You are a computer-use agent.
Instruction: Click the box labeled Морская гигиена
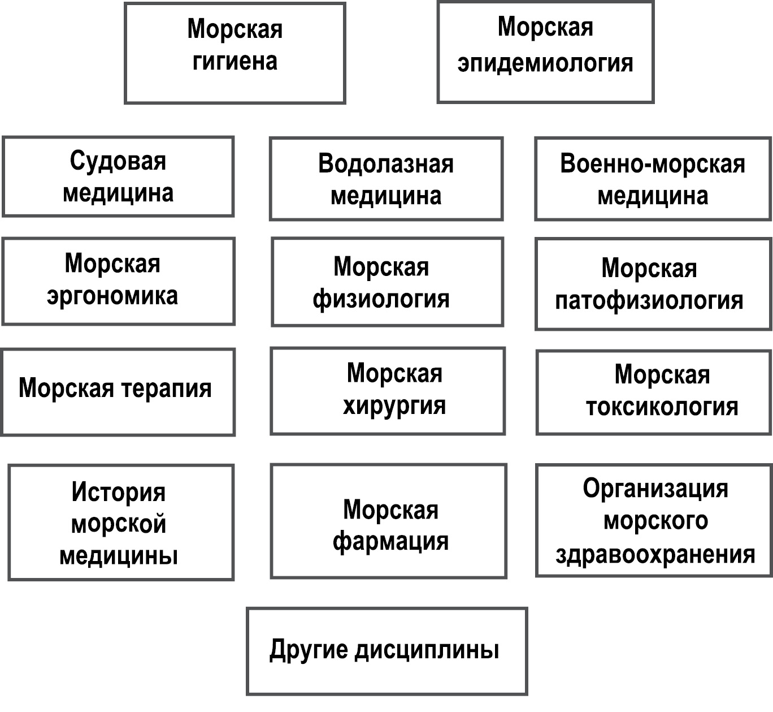pyautogui.click(x=234, y=53)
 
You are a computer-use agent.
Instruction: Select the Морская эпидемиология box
pyautogui.click(x=545, y=52)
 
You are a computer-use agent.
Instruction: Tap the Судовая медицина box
pyautogui.click(x=118, y=176)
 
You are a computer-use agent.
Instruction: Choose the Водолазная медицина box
pyautogui.click(x=386, y=179)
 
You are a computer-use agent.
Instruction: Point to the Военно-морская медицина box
pyautogui.click(x=653, y=179)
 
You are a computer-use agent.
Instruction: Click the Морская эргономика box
pyautogui.click(x=118, y=281)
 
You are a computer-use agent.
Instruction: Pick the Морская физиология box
pyautogui.click(x=387, y=282)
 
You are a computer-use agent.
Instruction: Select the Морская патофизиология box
pyautogui.click(x=653, y=284)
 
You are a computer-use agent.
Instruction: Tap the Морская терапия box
pyautogui.click(x=118, y=392)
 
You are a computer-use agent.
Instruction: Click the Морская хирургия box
pyautogui.click(x=388, y=391)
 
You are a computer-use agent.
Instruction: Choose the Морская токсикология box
pyautogui.click(x=653, y=392)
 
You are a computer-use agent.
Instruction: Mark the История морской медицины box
pyautogui.click(x=121, y=522)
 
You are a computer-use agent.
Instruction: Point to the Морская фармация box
pyautogui.click(x=389, y=521)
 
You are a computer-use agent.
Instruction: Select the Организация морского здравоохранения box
pyautogui.click(x=653, y=520)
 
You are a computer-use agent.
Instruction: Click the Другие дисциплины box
pyautogui.click(x=387, y=651)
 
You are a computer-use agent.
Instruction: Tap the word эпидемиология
pyautogui.click(x=545, y=63)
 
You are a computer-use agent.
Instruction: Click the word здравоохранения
pyautogui.click(x=655, y=555)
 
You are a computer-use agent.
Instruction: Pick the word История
pyautogui.click(x=119, y=492)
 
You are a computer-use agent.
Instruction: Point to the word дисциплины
pyautogui.click(x=427, y=650)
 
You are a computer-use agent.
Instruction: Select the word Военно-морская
pyautogui.click(x=653, y=164)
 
